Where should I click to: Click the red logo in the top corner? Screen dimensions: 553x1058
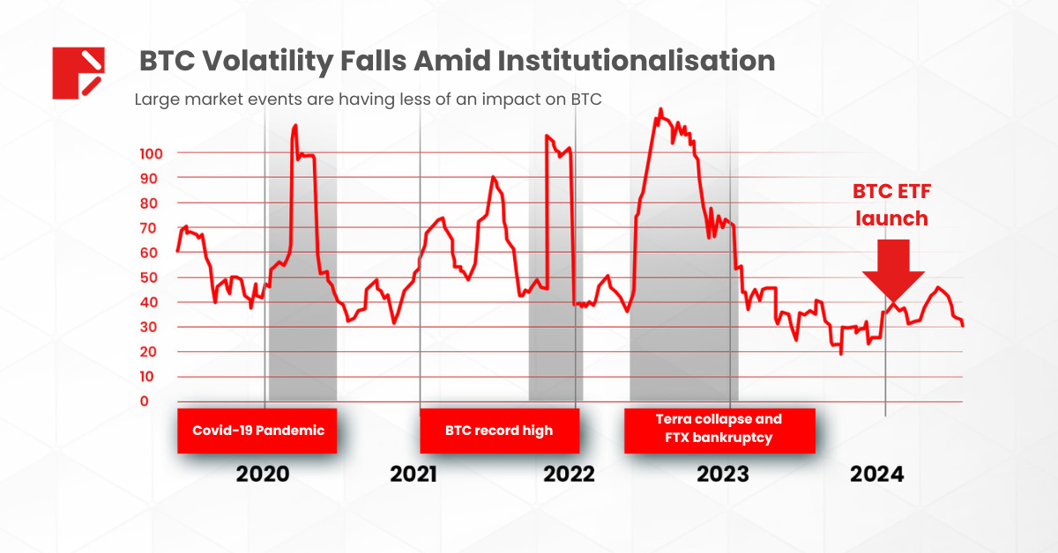[78, 71]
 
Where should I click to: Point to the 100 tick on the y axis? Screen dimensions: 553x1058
[152, 153]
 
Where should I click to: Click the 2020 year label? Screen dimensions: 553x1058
[262, 475]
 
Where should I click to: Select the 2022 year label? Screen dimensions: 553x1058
[569, 475]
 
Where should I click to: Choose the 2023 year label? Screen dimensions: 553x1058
[723, 475]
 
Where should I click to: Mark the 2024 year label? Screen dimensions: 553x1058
[876, 475]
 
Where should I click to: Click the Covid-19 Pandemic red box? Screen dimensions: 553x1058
[257, 431]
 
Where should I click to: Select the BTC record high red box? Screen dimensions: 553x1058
[499, 431]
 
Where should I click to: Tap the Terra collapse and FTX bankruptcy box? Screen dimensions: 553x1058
[719, 429]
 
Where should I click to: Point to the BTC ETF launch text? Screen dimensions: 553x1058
[890, 204]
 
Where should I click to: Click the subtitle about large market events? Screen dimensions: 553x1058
[368, 100]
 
